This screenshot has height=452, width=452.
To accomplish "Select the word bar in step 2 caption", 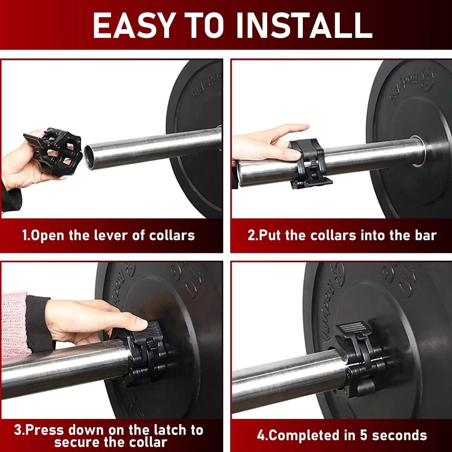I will point(424,235).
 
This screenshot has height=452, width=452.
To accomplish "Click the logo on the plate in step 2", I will point(426,79).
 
